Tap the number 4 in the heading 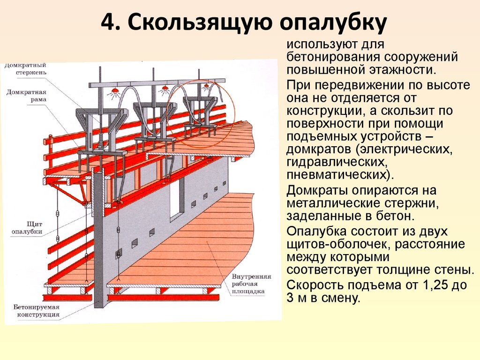[107, 22]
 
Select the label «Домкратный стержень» [26, 68]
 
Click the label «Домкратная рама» [26, 96]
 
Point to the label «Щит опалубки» [27, 228]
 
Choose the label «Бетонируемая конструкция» [37, 311]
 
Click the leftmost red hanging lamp [115, 91]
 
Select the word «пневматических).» [341, 175]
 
